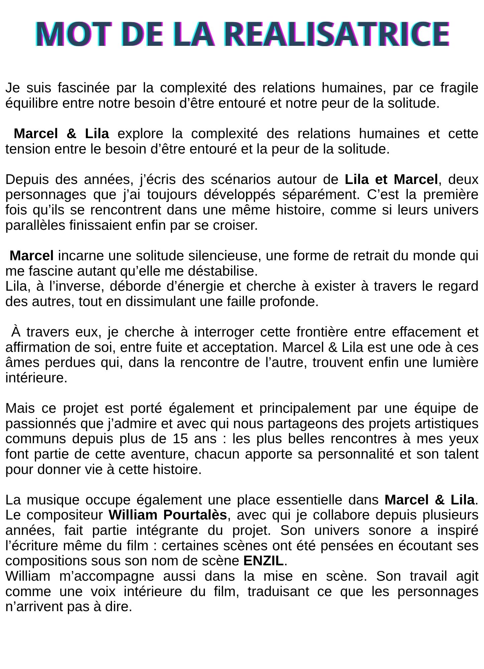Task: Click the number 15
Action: tap(180, 439)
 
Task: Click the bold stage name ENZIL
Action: tap(263, 561)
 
